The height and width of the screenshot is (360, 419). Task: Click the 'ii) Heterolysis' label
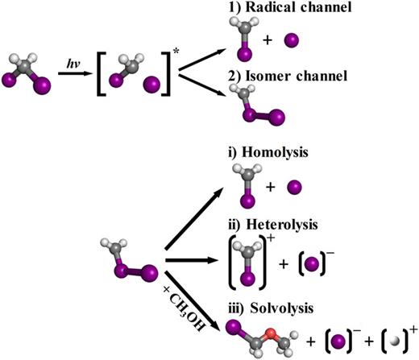291,217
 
